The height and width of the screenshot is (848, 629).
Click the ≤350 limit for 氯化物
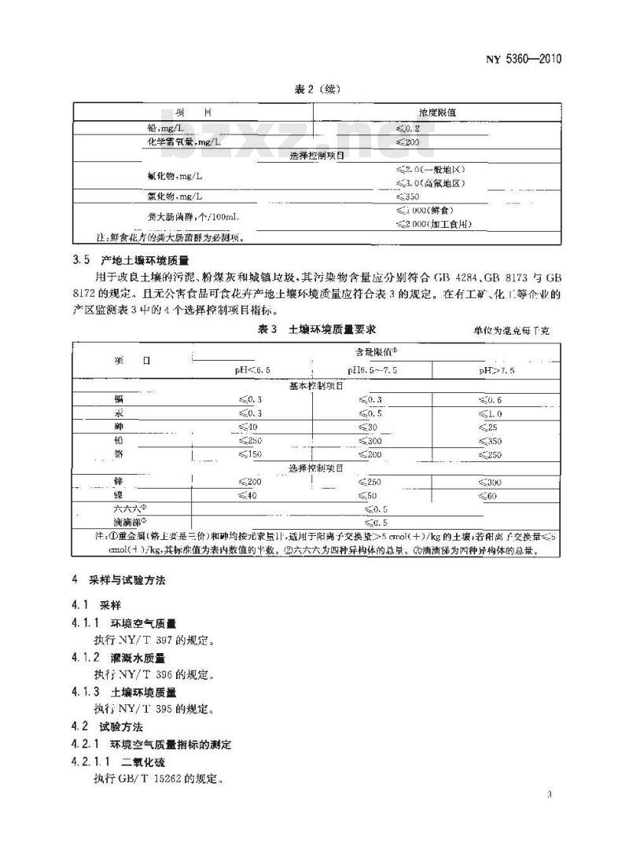click(409, 196)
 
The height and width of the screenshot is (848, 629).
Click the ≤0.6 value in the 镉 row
click(489, 400)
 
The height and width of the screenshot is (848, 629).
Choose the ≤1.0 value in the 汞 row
click(489, 413)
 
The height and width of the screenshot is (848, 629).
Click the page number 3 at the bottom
click(548, 795)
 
